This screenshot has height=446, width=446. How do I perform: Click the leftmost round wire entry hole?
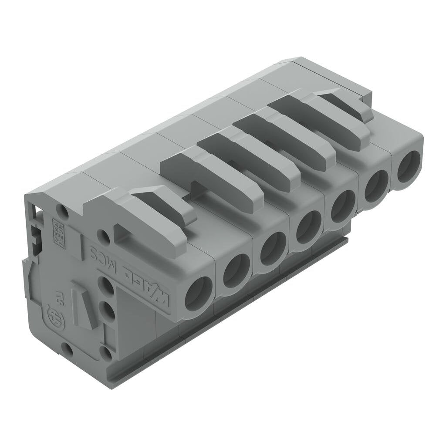pos(198,293)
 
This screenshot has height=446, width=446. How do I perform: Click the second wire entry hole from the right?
pos(376,186)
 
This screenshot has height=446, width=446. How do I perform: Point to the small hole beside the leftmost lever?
pos(103,237)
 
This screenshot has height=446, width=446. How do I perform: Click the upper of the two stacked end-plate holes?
pos(106,287)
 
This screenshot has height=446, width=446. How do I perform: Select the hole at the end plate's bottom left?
pos(66,348)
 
